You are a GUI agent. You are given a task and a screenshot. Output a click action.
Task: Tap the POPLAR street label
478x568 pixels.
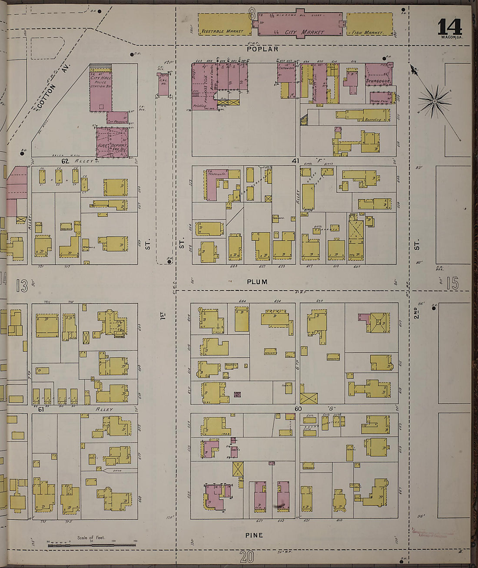pyautogui.click(x=262, y=49)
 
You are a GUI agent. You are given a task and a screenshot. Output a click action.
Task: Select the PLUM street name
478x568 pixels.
pyautogui.click(x=257, y=282)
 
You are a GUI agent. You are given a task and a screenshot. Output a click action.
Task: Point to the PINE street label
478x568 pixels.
pyautogui.click(x=254, y=535)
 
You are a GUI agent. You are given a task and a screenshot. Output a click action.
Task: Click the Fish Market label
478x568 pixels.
pyautogui.click(x=367, y=33)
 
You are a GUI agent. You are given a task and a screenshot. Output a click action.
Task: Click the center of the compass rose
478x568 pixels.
pyautogui.click(x=435, y=101)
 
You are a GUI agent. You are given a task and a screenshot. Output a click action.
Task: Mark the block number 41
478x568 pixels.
pyautogui.click(x=295, y=161)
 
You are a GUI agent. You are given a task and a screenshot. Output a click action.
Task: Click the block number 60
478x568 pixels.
pyautogui.click(x=298, y=409)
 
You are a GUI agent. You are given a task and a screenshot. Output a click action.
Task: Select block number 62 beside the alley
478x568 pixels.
pyautogui.click(x=66, y=161)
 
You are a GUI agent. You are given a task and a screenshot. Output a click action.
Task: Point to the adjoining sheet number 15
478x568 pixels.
pyautogui.click(x=452, y=284)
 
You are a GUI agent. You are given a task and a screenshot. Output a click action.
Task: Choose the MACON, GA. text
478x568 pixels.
pyautogui.click(x=451, y=37)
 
